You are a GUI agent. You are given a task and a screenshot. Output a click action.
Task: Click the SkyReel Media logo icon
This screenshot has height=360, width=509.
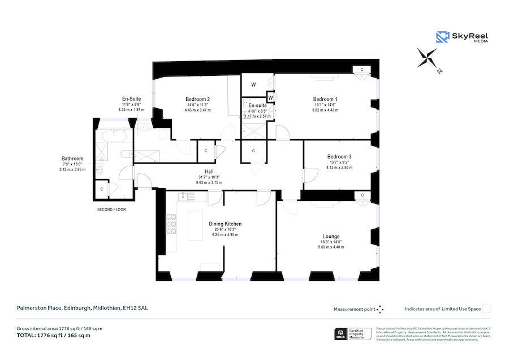(442, 37)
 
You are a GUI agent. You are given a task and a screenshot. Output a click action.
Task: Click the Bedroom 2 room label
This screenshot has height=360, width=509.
(197, 98)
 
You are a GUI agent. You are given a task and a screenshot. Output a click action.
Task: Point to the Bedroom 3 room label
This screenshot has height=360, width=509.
(339, 156)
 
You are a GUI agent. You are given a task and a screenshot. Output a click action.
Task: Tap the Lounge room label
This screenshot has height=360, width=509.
(331, 236)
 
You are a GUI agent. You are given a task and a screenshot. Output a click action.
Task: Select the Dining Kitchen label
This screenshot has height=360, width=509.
(225, 224)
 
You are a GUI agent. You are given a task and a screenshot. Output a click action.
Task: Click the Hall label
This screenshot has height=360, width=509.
(209, 172)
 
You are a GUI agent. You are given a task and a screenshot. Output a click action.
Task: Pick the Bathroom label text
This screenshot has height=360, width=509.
(72, 158)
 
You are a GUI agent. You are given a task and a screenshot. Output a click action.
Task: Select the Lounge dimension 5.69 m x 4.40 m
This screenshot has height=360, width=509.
(331, 247)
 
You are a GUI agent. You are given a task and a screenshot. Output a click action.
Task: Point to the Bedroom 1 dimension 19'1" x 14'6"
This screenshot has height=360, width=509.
(325, 105)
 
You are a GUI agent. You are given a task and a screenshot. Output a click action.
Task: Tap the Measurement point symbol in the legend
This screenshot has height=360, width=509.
(380, 309)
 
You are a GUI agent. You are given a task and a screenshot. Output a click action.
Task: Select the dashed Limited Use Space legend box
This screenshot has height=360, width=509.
(486, 309)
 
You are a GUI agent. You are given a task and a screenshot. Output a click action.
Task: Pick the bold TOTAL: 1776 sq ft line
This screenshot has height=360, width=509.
(54, 336)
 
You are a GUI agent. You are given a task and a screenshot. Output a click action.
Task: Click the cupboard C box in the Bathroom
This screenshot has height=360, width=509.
(102, 189)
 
